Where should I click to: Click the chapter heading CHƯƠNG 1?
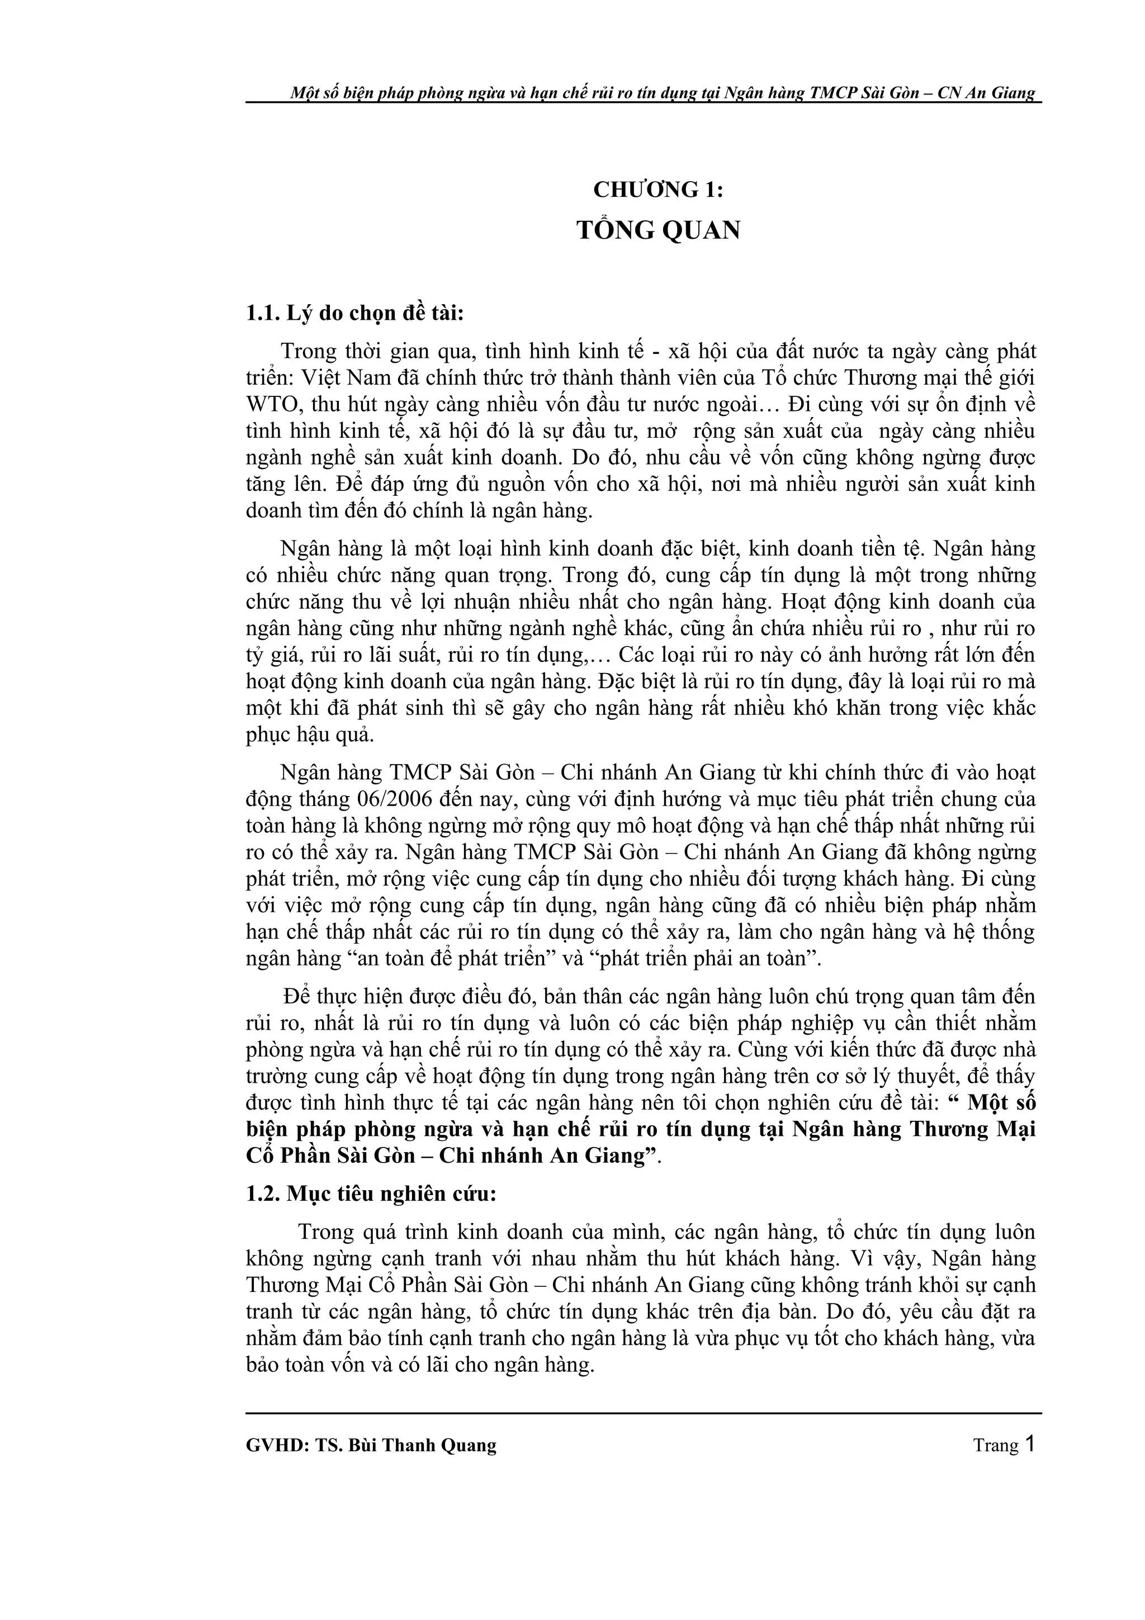[658, 190]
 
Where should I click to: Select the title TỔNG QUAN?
[658, 231]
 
